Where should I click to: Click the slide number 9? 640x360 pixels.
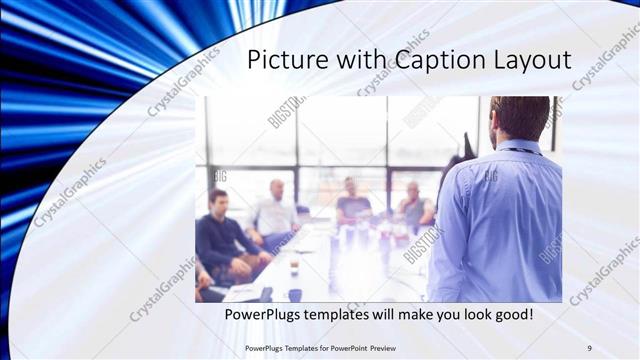pyautogui.click(x=590, y=347)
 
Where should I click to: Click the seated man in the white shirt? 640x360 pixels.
pyautogui.click(x=275, y=212)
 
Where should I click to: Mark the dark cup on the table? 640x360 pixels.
pyautogui.click(x=294, y=294)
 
